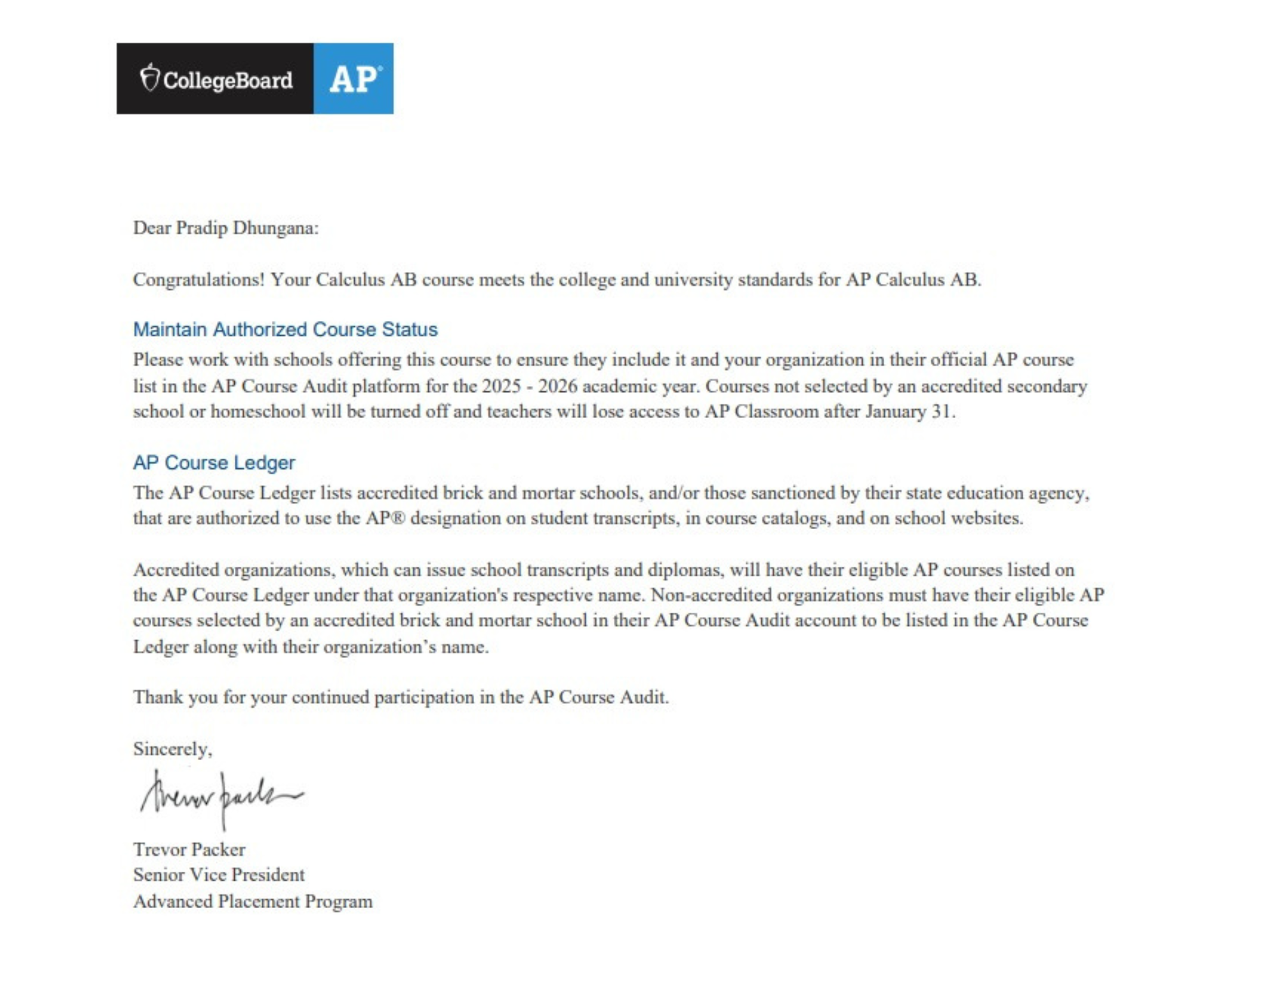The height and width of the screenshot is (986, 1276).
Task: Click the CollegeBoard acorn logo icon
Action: pyautogui.click(x=149, y=78)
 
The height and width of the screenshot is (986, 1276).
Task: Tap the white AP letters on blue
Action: pyautogui.click(x=353, y=79)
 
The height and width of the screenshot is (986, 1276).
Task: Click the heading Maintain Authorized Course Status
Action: pyautogui.click(x=285, y=329)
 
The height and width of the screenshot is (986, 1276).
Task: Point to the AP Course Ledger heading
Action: pyautogui.click(x=214, y=462)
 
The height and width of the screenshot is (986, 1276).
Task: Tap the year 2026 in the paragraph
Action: pyautogui.click(x=558, y=386)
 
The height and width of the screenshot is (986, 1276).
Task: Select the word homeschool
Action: pyautogui.click(x=258, y=412)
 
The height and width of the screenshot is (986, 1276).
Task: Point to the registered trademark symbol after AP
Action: pyautogui.click(x=398, y=518)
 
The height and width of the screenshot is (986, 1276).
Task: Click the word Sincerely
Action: pyautogui.click(x=172, y=749)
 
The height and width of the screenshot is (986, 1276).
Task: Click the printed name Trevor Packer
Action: pyautogui.click(x=189, y=849)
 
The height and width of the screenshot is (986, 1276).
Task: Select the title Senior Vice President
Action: pyautogui.click(x=219, y=875)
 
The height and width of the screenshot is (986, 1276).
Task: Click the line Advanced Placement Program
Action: pyautogui.click(x=253, y=901)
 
